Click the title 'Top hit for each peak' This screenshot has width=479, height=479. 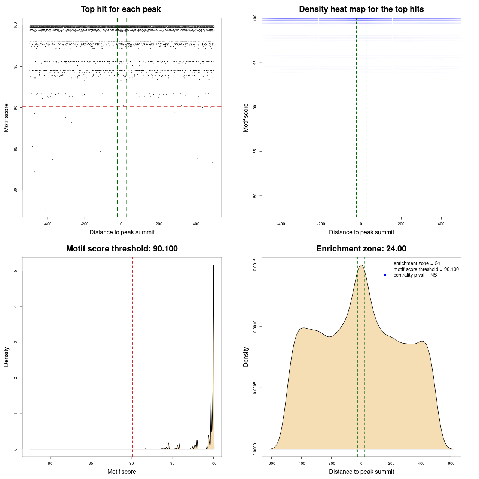pos(120,9)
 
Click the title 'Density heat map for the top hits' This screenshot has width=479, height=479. pos(361,9)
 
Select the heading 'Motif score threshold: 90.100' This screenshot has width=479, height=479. pos(122,249)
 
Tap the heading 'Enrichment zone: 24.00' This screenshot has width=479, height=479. pos(361,249)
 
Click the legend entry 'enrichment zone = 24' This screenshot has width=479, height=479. pos(417,263)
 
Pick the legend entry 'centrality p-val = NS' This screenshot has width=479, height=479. pos(415,275)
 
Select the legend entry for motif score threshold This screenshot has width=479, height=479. pos(426,269)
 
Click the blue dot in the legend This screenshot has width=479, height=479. pos(385,275)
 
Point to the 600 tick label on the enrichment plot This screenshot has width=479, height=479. pos(451,463)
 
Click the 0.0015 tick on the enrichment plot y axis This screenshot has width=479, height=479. pos(254,265)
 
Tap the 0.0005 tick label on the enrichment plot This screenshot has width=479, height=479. pos(254,388)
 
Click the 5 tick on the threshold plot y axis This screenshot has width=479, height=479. pos(15,271)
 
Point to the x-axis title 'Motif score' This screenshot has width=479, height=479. pos(122,472)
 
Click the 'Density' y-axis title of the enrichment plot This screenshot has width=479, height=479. pos(246,357)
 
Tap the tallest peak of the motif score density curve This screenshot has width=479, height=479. pos(213,265)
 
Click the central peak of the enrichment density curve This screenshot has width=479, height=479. pos(361,265)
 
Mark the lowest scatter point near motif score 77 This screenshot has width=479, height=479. pos(45,210)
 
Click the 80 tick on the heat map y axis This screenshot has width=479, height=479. pos(254,196)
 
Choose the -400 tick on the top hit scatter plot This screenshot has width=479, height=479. pos(47,224)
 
